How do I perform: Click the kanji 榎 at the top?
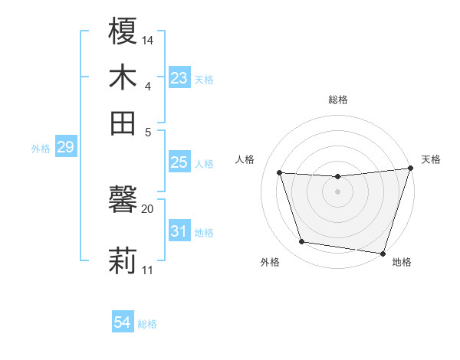pyautogui.click(x=123, y=32)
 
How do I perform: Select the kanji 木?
pyautogui.click(x=123, y=77)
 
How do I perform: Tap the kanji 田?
pyautogui.click(x=123, y=123)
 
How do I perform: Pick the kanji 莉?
pyautogui.click(x=123, y=260)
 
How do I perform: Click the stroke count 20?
pyautogui.click(x=148, y=208)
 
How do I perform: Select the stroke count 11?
pyautogui.click(x=148, y=270)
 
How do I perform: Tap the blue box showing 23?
pyautogui.click(x=179, y=78)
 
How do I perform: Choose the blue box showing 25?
pyautogui.click(x=179, y=162)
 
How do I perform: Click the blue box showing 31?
pyautogui.click(x=179, y=231)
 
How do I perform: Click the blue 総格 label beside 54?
pyautogui.click(x=147, y=324)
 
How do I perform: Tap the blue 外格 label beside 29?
pyautogui.click(x=41, y=149)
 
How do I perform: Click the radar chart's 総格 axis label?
pyautogui.click(x=338, y=100)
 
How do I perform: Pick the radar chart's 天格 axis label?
pyautogui.click(x=431, y=159)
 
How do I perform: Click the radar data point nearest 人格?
pyautogui.click(x=280, y=172)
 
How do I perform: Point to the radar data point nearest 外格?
pyautogui.click(x=302, y=242)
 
